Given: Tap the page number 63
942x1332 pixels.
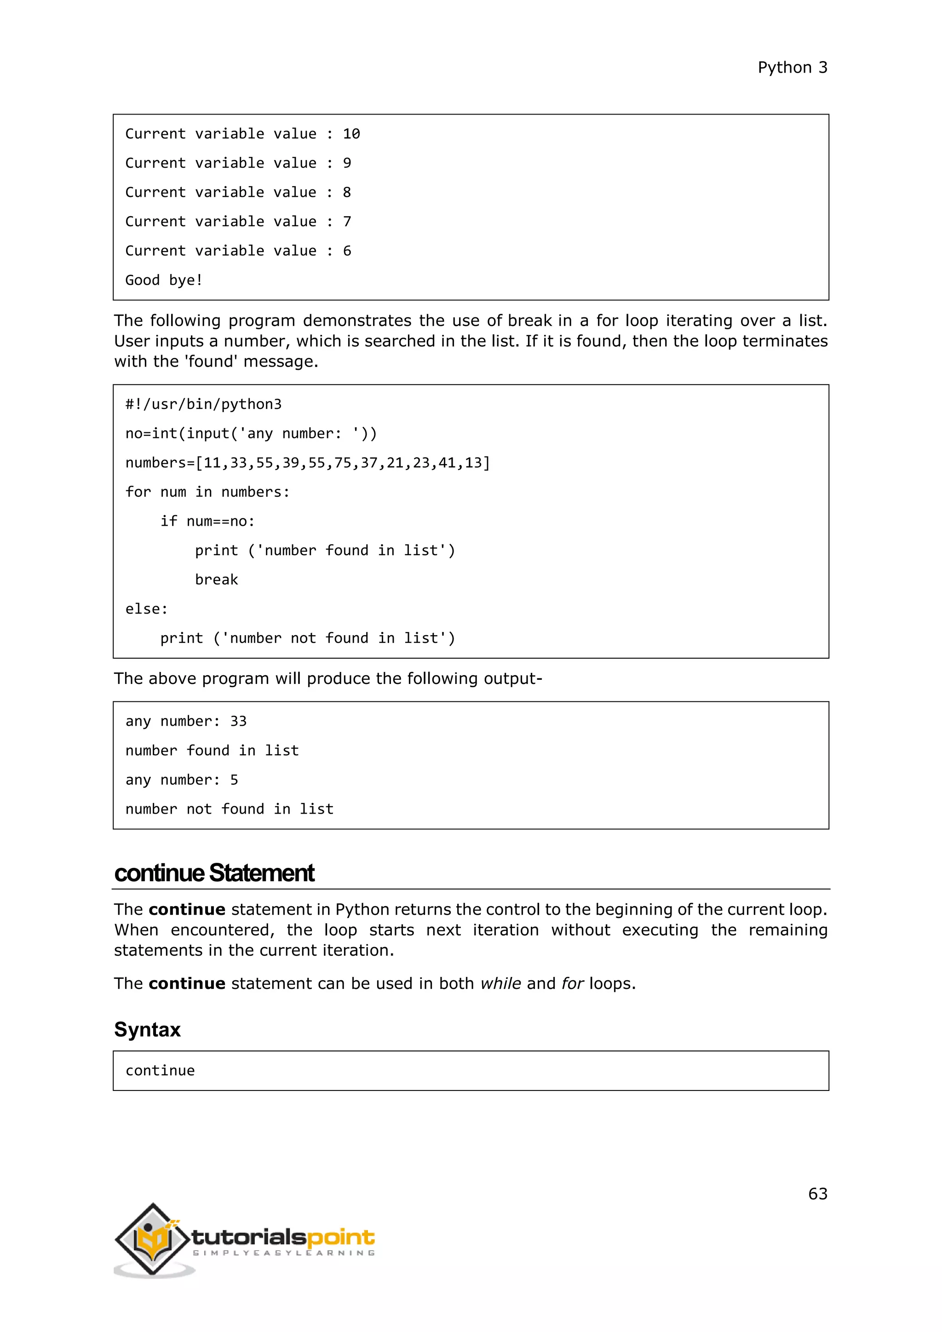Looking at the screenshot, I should pyautogui.click(x=817, y=1194).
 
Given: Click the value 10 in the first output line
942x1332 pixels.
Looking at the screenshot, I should pyautogui.click(x=351, y=134).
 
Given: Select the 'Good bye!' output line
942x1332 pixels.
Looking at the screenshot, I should pyautogui.click(x=164, y=280).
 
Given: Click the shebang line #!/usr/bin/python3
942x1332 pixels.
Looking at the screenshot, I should pyautogui.click(x=203, y=404).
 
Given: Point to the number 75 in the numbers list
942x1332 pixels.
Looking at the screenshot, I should pyautogui.click(x=342, y=463).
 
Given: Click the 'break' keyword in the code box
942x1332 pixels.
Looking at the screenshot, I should pyautogui.click(x=216, y=580).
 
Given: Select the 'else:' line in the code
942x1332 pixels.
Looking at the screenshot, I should pyautogui.click(x=146, y=609).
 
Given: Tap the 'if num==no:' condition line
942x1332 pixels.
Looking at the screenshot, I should pyautogui.click(x=207, y=522).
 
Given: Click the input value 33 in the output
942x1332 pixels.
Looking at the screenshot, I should pyautogui.click(x=238, y=721).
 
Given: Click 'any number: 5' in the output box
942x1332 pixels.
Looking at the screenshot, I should pyautogui.click(x=182, y=780).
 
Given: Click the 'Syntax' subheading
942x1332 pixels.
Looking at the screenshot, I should pyautogui.click(x=147, y=1030).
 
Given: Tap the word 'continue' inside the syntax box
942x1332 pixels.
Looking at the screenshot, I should pyautogui.click(x=160, y=1071).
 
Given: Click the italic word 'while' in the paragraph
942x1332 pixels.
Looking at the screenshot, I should pyautogui.click(x=500, y=984).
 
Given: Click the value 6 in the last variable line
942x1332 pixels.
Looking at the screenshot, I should pyautogui.click(x=347, y=251).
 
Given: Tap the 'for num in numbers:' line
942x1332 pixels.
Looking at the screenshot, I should pyautogui.click(x=207, y=492).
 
